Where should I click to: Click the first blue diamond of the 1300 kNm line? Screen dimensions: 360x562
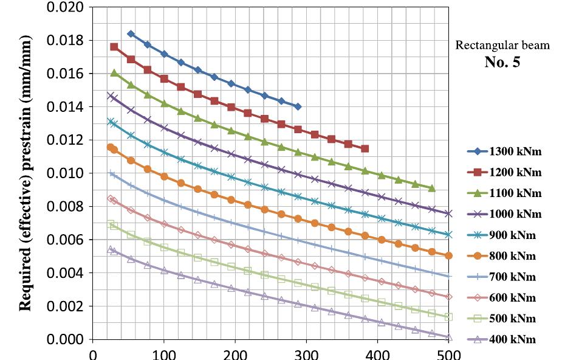(x=131, y=34)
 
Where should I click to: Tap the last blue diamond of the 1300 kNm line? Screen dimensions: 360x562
(x=297, y=106)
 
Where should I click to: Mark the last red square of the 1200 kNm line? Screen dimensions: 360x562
(x=365, y=148)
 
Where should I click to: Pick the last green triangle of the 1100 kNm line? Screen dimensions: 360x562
(x=431, y=189)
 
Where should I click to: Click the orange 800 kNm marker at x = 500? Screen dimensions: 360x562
(x=448, y=255)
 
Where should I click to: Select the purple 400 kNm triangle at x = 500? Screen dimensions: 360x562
(x=448, y=337)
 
